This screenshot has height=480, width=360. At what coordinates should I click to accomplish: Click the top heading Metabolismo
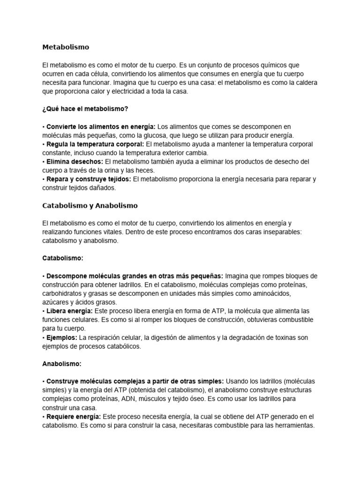66,47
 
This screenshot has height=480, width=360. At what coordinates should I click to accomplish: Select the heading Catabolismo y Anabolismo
90,206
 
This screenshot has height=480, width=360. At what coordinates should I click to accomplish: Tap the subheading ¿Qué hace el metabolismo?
85,109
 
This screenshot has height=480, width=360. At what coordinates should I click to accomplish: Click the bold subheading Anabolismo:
62,363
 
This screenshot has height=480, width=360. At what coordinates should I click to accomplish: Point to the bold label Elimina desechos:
75,162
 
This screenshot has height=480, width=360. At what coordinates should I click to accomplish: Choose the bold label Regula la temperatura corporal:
95,144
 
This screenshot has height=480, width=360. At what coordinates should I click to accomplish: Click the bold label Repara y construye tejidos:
89,179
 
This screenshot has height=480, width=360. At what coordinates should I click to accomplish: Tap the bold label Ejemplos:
62,337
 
